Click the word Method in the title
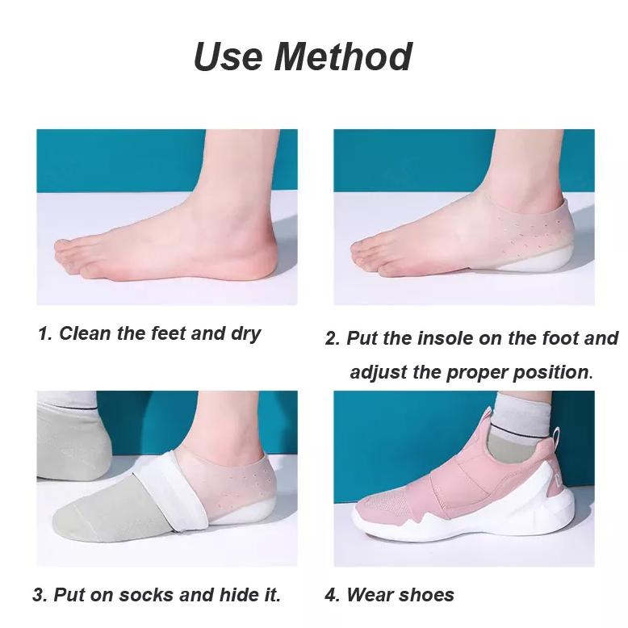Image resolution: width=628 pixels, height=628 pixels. tap(345, 57)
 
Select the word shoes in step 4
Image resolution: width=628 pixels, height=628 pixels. tap(425, 596)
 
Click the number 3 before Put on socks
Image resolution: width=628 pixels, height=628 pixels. tap(38, 596)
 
